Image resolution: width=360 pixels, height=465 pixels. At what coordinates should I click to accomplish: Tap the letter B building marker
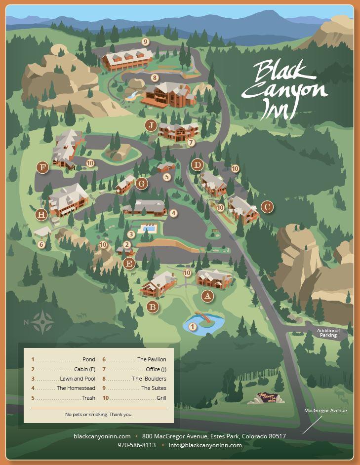point(153,307)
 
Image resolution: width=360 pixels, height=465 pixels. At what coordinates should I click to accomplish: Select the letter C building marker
point(267,207)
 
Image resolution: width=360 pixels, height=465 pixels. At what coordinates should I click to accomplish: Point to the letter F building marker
point(43,168)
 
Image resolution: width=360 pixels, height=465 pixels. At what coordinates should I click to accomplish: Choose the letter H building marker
point(41,215)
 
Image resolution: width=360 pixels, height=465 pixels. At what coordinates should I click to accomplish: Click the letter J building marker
point(151,125)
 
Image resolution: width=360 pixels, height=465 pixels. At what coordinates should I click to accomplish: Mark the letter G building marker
point(142,184)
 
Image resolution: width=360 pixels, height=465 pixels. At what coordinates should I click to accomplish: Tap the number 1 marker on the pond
point(193,326)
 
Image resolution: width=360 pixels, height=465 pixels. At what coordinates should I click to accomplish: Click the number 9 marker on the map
point(145,41)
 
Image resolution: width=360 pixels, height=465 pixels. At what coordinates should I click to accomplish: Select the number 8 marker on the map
point(155,77)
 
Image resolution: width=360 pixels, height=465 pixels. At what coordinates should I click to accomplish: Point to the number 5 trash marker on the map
point(167,177)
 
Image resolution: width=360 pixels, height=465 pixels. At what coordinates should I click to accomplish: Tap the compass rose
point(43,322)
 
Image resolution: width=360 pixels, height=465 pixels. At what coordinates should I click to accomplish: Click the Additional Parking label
point(328,333)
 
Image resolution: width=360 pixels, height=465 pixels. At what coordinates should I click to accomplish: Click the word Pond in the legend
point(89,360)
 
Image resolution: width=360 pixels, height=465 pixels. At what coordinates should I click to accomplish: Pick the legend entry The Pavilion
point(152,360)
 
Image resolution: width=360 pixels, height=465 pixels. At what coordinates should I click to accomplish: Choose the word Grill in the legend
point(161,398)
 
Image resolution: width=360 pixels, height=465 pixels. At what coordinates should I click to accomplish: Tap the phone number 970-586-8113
point(136,445)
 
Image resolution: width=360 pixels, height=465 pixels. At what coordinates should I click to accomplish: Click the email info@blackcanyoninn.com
point(205,445)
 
